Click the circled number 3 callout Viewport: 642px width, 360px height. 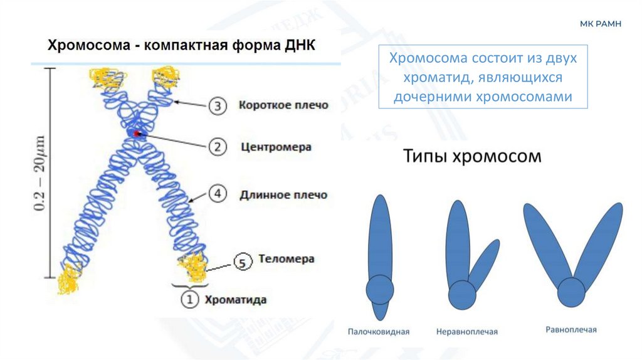tap(217, 106)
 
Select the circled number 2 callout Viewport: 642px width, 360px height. tap(217, 147)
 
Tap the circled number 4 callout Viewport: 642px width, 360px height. tap(217, 194)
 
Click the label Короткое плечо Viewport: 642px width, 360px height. tap(283, 105)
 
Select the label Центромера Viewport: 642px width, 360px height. tap(276, 147)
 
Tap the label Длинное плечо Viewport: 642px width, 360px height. tap(283, 195)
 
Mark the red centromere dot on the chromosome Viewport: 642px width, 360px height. tap(137, 133)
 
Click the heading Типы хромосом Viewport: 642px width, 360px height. tap(471, 156)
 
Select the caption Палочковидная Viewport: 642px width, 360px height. tap(379, 331)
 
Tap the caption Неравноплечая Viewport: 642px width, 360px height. tap(466, 331)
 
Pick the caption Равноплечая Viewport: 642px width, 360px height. tap(571, 329)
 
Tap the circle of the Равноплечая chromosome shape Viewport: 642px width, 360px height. tap(571, 292)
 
